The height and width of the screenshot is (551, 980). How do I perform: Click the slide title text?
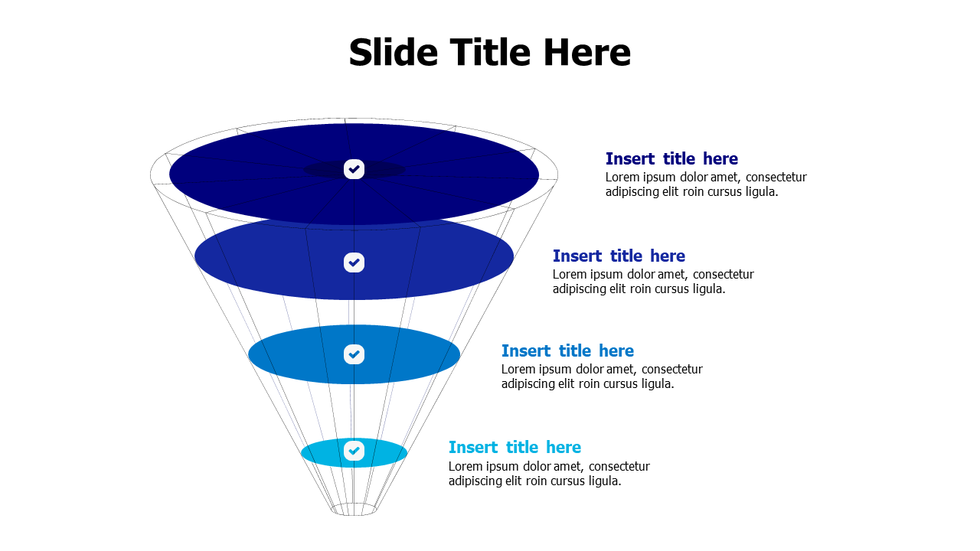(x=489, y=53)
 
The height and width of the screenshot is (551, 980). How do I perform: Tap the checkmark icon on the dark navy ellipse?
(x=354, y=169)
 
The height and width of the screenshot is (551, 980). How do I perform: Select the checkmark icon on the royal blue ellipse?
(x=354, y=262)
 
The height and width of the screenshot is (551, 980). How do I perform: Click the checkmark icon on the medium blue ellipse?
(x=354, y=354)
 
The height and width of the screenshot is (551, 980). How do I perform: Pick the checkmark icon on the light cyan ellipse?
(x=354, y=451)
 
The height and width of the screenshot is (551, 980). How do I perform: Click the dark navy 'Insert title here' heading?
(x=671, y=159)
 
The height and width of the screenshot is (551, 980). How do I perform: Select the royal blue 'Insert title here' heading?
(x=619, y=256)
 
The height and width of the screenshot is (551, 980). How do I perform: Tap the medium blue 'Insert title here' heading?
(x=567, y=350)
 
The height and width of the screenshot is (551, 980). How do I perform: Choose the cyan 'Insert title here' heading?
(x=514, y=447)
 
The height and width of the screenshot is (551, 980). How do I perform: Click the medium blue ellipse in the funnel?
(x=413, y=354)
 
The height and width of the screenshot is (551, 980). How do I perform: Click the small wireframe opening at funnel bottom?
(x=354, y=509)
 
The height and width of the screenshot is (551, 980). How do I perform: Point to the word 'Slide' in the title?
(x=393, y=53)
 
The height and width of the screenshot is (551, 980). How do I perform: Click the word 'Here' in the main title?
(x=587, y=53)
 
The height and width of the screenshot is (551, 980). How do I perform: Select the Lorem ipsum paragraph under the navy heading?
(x=705, y=184)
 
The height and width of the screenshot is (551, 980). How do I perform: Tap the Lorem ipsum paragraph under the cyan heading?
(x=549, y=474)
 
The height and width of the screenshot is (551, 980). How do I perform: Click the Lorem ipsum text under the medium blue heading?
(x=602, y=377)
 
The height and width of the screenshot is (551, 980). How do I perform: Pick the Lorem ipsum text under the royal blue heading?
(x=653, y=282)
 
